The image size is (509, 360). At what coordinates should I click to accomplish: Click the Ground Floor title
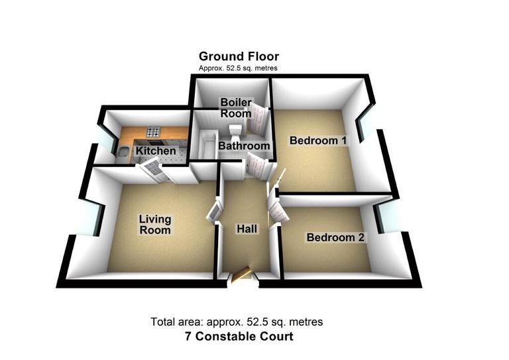pos(239,56)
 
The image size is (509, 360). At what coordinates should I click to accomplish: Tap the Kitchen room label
pos(156,151)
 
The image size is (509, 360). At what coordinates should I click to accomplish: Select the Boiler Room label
pos(236,108)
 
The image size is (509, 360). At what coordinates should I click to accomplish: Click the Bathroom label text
pos(244,146)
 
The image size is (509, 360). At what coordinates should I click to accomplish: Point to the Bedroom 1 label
pos(318,141)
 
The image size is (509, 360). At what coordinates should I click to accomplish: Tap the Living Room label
pos(154,225)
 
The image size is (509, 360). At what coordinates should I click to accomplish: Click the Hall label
pos(247,229)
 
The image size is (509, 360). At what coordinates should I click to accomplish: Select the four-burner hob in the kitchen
pos(154,131)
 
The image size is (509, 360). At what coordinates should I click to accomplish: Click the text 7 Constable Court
pos(238,337)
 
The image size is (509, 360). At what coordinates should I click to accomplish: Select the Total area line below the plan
pos(237,322)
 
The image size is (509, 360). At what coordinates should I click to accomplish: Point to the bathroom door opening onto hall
pos(254,166)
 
